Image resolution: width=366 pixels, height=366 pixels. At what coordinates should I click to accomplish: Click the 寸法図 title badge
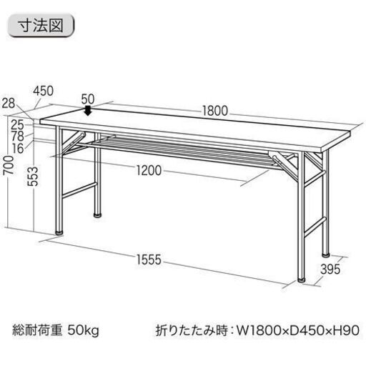[41, 26]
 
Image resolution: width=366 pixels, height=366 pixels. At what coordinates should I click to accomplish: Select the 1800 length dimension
[215, 111]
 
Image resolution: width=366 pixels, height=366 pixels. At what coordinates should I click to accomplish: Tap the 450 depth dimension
[43, 91]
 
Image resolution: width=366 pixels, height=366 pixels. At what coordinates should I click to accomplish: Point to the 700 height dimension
[9, 165]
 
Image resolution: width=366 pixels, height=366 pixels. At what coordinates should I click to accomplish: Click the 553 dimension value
[33, 177]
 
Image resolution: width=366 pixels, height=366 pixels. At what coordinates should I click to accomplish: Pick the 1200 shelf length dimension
[149, 170]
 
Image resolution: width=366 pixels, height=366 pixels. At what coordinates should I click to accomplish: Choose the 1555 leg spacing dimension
[149, 259]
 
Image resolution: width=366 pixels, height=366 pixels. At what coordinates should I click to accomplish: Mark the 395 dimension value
[330, 269]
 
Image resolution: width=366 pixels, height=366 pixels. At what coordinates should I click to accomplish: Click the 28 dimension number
[9, 103]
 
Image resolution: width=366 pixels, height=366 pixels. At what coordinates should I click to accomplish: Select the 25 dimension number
[18, 125]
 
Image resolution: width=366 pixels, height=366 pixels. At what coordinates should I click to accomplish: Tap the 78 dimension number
[18, 137]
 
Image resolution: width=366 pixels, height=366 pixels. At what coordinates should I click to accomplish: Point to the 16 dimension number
[18, 148]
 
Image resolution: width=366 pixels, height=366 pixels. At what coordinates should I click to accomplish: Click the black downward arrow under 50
[88, 111]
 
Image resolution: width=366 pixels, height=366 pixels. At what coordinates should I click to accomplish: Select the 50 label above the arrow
[88, 99]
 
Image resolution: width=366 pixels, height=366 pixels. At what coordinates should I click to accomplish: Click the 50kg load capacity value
[83, 330]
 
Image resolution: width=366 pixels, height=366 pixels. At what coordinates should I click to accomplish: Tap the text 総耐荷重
[37, 330]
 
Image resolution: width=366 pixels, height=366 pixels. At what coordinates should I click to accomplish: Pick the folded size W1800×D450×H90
[298, 330]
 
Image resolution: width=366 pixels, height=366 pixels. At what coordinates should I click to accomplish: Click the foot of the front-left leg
[59, 233]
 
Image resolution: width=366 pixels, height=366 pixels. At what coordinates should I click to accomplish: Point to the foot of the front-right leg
[302, 280]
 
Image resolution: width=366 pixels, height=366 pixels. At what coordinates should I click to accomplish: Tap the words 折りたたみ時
[192, 330]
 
